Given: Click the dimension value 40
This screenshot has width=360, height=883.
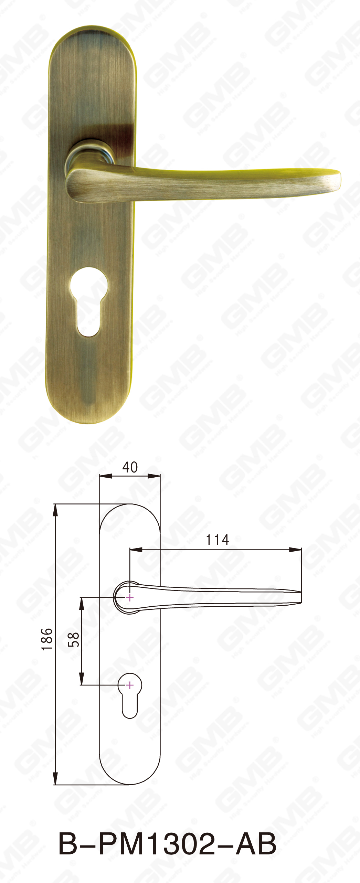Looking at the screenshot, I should (x=130, y=467).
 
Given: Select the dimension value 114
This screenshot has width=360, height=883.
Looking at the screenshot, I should (x=217, y=540).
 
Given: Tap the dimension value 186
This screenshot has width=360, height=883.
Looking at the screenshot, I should (x=47, y=639).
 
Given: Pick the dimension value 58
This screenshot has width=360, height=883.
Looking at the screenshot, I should (x=73, y=639).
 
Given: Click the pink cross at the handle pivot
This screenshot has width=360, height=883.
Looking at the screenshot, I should (x=130, y=597).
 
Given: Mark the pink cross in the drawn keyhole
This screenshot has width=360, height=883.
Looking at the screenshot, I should (x=130, y=685).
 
